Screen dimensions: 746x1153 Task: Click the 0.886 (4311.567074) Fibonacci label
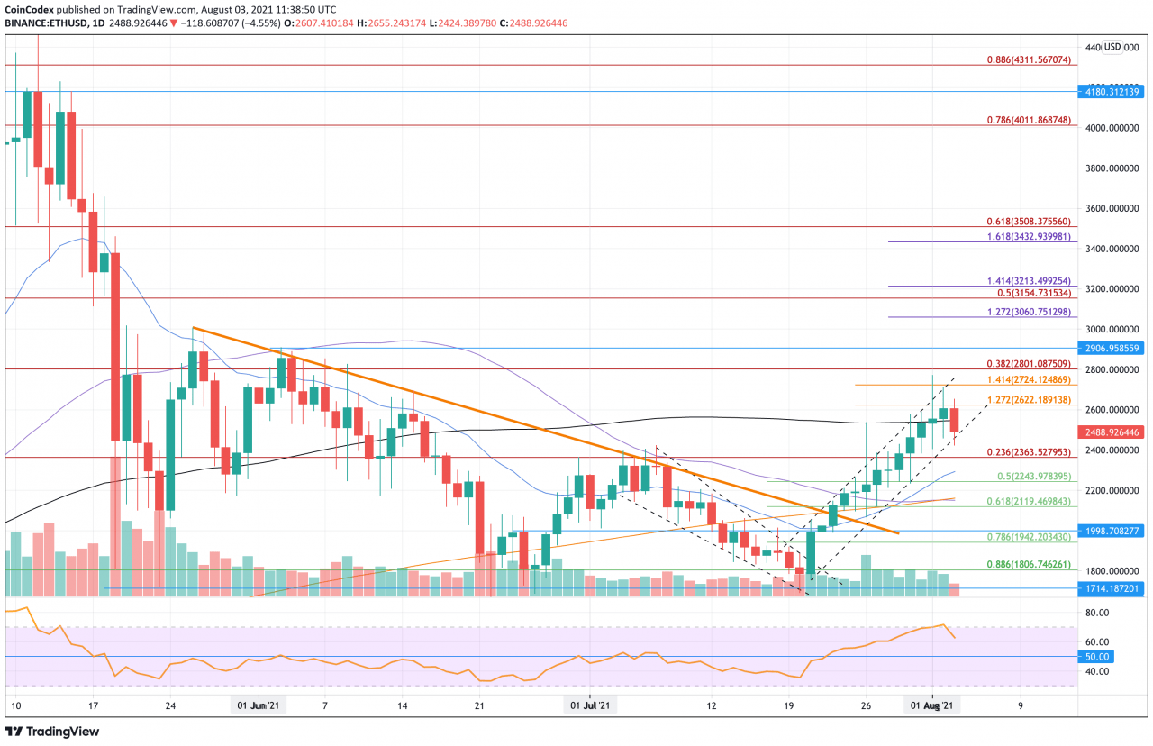[x=1027, y=59]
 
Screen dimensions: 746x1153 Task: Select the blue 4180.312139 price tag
[x=1112, y=91]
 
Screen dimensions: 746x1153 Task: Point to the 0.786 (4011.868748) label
[x=1027, y=119]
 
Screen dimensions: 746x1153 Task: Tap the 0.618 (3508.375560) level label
[x=1027, y=221]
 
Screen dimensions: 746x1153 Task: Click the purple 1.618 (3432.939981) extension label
[x=1027, y=236]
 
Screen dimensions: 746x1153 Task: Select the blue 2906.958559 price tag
[x=1112, y=348]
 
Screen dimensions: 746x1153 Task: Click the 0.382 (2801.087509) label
[x=1027, y=363]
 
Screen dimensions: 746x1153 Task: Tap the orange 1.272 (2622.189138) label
[x=1027, y=399]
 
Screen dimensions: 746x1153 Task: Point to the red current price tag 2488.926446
[x=1112, y=432]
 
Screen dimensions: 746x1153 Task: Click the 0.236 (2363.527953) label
[x=1027, y=451]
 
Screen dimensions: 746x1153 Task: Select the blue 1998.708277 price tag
[x=1112, y=532]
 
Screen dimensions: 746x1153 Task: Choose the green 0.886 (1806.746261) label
[x=1027, y=565]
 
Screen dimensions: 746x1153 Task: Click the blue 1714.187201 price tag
[x=1112, y=588]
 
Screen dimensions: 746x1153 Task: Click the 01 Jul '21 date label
[x=591, y=707]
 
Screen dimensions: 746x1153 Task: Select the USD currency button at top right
[x=1112, y=47]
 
